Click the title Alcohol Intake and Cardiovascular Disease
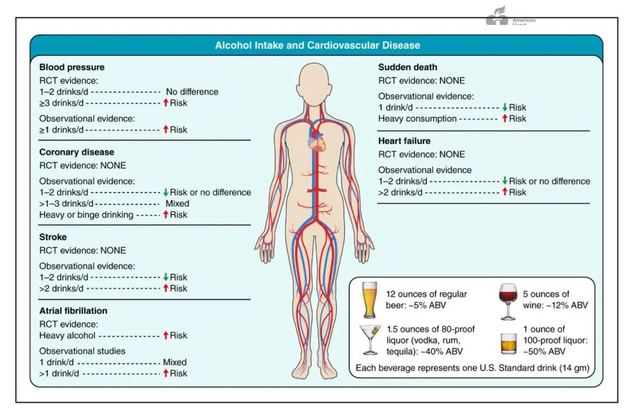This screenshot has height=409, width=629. click(317, 45)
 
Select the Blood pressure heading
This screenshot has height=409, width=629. click(72, 67)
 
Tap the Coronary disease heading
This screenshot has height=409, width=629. click(76, 152)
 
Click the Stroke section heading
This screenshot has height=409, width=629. click(53, 237)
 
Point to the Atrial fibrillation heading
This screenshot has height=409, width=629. click(73, 311)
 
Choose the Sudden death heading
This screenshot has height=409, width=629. click(408, 67)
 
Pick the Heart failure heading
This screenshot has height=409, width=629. click(404, 141)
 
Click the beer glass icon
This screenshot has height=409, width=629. click(369, 300)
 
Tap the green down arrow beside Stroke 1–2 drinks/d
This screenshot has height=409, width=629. click(165, 278)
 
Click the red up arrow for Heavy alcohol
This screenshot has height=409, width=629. click(165, 335)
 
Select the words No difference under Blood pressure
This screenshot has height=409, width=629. click(192, 92)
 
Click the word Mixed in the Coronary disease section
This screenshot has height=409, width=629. click(177, 204)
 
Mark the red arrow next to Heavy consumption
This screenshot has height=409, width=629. click(504, 119)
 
